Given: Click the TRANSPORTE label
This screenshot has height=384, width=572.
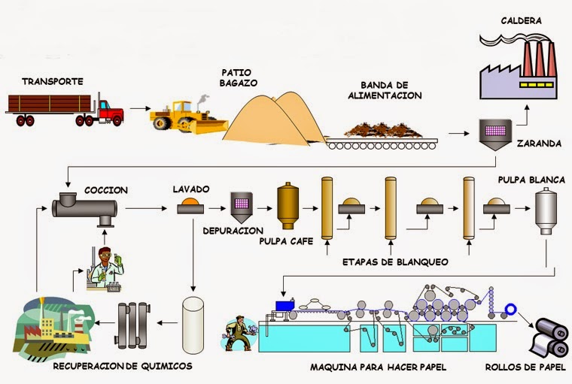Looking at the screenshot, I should [53, 80].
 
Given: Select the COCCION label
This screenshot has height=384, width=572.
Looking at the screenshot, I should [106, 190].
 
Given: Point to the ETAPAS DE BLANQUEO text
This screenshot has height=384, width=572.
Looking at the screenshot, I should [394, 262].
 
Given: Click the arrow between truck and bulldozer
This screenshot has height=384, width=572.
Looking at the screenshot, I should [138, 108].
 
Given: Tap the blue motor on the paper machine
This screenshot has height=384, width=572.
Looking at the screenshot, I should [284, 305].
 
